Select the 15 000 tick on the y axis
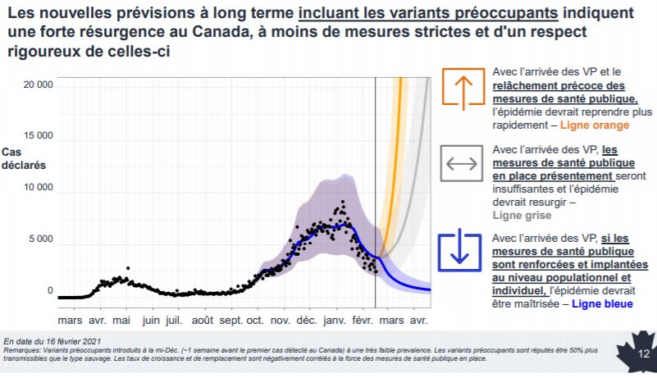point(38,136)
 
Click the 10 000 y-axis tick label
point(38,188)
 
